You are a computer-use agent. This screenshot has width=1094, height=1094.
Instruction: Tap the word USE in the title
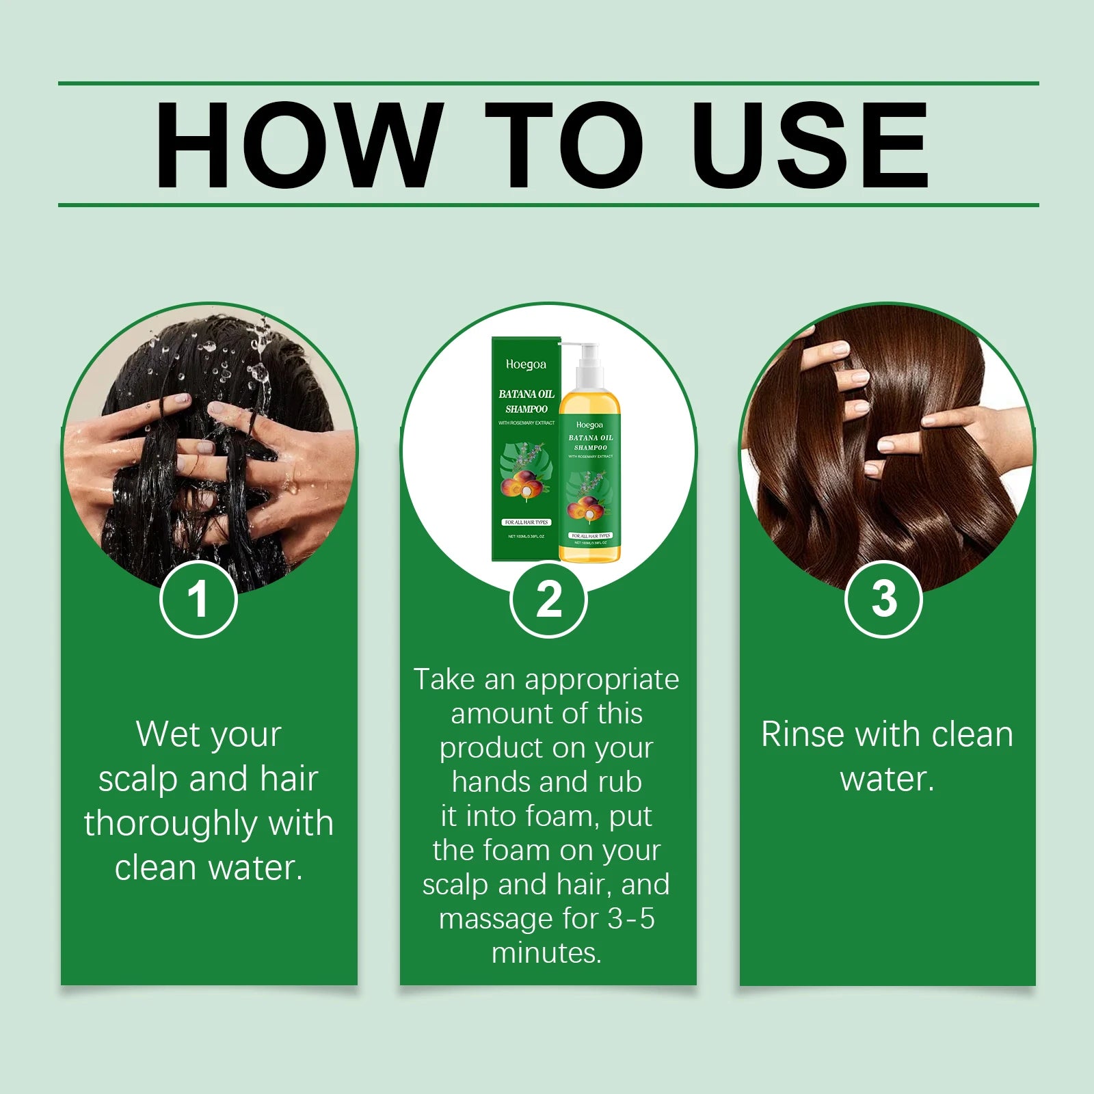point(810,145)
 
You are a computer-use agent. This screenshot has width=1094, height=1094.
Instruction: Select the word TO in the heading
point(563,145)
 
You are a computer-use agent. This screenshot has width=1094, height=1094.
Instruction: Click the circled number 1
point(198,599)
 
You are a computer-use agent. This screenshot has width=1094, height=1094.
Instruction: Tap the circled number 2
point(548,599)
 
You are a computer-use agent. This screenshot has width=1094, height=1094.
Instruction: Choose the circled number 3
point(883,599)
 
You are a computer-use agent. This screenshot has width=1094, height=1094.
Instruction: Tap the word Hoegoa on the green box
point(526,364)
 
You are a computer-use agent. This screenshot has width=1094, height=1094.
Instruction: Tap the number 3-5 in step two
point(630,918)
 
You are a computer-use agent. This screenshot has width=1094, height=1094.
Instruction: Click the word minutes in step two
point(546,952)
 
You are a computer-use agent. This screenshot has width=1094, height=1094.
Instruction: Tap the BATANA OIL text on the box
point(526,394)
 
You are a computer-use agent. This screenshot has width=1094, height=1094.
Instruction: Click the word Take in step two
point(444,679)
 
